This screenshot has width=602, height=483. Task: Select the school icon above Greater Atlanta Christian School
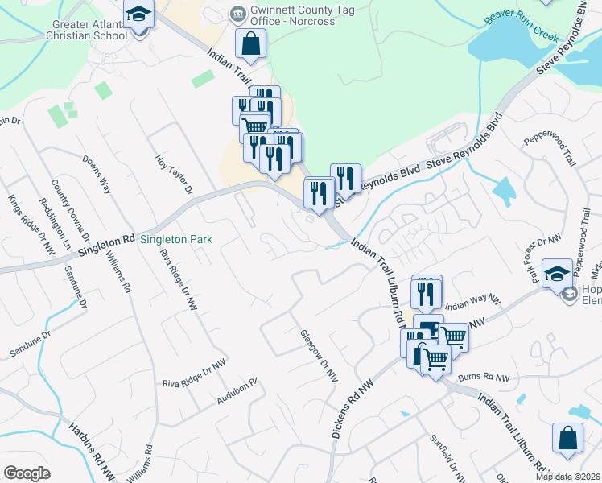pos(138,15)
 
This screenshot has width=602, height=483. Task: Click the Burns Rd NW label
pos(484,378)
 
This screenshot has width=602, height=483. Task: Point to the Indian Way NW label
pos(472,303)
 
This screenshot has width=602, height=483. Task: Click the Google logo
pos(27,473)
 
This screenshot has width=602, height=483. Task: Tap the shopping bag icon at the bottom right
pos(567,439)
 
